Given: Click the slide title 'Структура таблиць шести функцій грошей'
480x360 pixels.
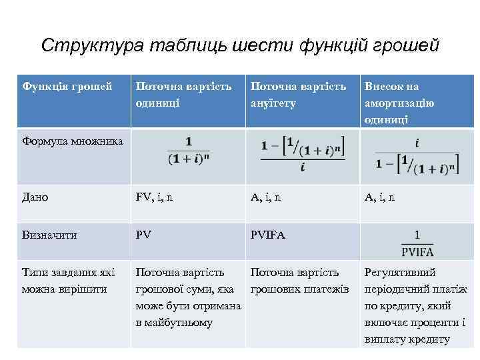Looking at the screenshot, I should [x=240, y=45].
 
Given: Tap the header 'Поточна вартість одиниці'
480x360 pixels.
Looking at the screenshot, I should [x=183, y=95].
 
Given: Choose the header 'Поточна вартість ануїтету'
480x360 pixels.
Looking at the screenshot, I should [x=298, y=95].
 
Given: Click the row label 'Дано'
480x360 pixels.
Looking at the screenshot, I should [x=35, y=197].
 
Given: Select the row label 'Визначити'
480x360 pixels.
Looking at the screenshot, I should [x=49, y=235].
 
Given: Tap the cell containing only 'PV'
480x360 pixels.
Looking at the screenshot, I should [x=143, y=235].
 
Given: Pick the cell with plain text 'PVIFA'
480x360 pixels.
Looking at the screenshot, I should [x=268, y=235].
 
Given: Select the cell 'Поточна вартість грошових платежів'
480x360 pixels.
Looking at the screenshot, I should [x=299, y=281].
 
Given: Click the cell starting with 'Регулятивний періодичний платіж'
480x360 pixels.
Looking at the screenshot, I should [x=415, y=305].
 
